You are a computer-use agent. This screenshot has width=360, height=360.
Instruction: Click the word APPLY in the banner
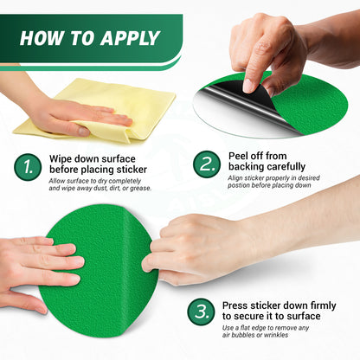130,38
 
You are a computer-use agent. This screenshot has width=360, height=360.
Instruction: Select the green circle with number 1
28,167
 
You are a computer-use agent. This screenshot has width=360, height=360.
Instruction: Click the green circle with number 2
207,164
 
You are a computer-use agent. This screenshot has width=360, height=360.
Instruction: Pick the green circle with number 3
201,312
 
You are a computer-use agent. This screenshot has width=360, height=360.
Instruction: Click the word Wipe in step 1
61,159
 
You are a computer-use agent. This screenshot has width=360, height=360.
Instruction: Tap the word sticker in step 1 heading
132,170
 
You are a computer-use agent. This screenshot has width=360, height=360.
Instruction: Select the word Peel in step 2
238,156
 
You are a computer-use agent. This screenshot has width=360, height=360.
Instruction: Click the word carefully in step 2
286,166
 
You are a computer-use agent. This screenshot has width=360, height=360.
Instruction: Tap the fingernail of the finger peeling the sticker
248,86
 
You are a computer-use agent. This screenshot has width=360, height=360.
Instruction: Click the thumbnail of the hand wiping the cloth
84,132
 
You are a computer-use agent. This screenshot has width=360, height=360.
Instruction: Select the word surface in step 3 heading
303,316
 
